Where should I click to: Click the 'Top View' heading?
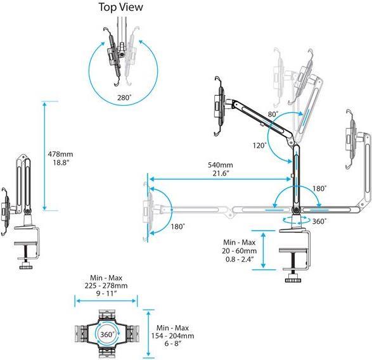tap(121, 7)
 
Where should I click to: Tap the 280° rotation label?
tap(124, 98)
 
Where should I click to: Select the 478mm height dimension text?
tap(60, 154)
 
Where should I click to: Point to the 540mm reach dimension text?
tap(221, 165)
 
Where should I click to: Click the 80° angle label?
tap(273, 114)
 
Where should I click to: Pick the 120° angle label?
tap(260, 146)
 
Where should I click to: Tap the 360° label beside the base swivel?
tap(319, 221)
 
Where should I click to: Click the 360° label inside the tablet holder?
tap(106, 335)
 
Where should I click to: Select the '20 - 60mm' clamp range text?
tap(240, 251)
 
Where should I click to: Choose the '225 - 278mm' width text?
tap(106, 285)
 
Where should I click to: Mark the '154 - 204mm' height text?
tap(173, 336)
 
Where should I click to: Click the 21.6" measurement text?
tap(221, 174)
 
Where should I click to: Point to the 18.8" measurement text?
tap(61, 163)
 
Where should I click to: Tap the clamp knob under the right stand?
tap(293, 280)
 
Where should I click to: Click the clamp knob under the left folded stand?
tap(26, 267)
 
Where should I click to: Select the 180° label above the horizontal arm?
tap(319, 189)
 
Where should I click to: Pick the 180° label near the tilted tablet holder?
tap(177, 226)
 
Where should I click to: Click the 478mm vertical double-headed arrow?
tap(44, 156)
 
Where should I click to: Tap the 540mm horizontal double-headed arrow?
tap(220, 179)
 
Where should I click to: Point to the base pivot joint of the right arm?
tap(296, 210)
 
